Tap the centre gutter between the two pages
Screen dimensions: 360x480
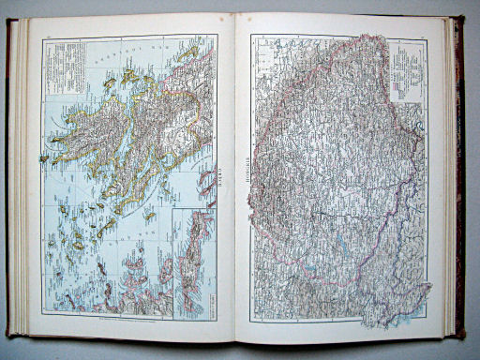235,178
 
